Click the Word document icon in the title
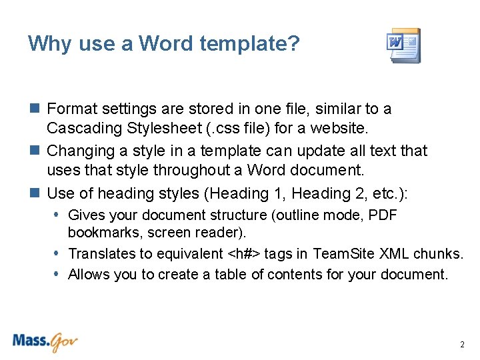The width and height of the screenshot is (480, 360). coord(404,45)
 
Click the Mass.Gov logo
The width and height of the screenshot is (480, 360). coord(45,342)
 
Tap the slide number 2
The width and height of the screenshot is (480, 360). coord(462,345)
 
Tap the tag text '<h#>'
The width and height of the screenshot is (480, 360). coord(245,253)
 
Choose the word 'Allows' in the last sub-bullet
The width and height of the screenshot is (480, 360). coord(89,274)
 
